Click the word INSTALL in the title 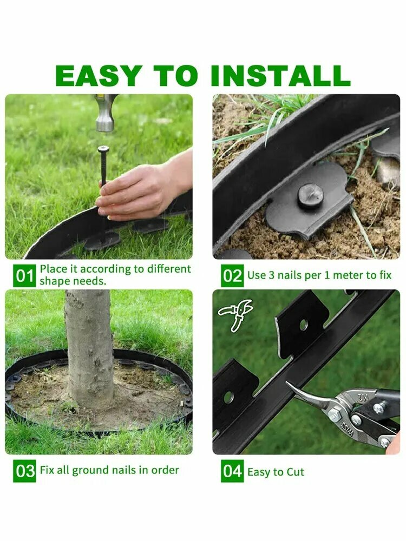click(x=280, y=75)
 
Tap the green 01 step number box click(x=24, y=276)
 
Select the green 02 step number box click(x=232, y=276)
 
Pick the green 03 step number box click(x=24, y=471)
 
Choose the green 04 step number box click(x=232, y=471)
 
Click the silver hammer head click(x=106, y=113)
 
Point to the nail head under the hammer click(x=103, y=149)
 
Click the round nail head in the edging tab click(x=310, y=196)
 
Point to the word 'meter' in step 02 click(x=348, y=275)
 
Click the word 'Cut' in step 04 click(x=295, y=472)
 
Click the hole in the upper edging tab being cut click(x=304, y=325)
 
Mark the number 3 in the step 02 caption click(x=271, y=275)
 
